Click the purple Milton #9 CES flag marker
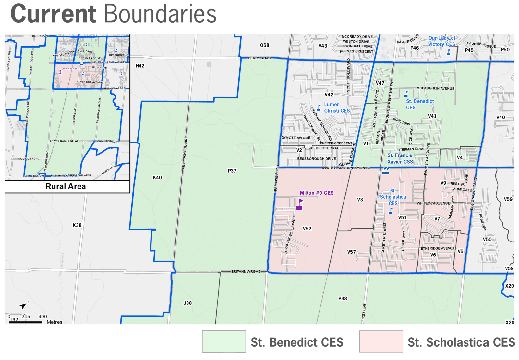click(300, 204)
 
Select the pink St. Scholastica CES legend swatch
click(381, 341)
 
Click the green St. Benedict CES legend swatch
click(224, 341)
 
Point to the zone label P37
click(232, 171)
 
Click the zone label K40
click(157, 177)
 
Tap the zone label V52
click(307, 229)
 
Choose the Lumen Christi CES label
click(337, 107)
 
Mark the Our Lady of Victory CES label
click(441, 41)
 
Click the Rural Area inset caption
click(66, 186)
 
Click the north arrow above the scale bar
click(23, 305)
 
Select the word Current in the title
click(54, 14)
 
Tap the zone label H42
click(140, 66)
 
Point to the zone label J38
click(187, 303)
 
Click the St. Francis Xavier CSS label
click(400, 158)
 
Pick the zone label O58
click(264, 45)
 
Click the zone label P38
click(343, 298)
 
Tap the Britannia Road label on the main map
click(246, 271)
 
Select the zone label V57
click(351, 252)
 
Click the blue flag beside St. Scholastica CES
click(391, 211)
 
